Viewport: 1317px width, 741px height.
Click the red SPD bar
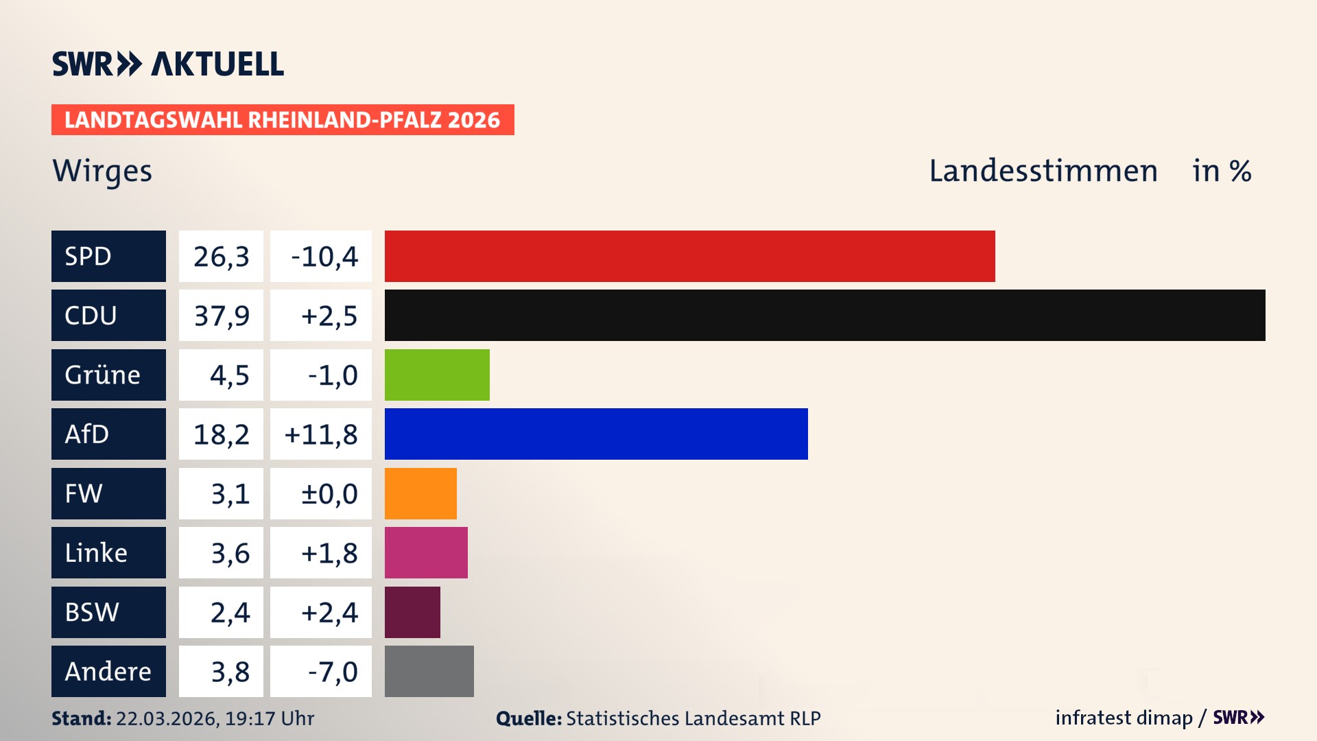(689, 256)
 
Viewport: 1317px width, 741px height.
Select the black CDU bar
(824, 315)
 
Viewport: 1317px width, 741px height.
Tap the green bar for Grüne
(437, 375)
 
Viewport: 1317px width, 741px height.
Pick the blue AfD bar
(596, 434)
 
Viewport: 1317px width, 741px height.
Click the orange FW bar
(420, 493)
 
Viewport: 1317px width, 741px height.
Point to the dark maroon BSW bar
(412, 612)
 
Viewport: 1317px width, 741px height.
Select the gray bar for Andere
(429, 671)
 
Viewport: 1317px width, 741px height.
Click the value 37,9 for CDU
(221, 316)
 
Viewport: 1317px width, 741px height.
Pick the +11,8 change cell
(321, 434)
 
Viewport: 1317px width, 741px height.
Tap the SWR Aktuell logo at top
(168, 64)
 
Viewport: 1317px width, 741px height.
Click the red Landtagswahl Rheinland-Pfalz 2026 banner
(283, 119)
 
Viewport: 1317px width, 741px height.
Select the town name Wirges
(102, 171)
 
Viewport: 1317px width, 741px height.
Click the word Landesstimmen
(1043, 171)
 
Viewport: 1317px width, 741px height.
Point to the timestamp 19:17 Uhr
(269, 718)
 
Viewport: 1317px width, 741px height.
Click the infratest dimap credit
(1124, 718)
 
